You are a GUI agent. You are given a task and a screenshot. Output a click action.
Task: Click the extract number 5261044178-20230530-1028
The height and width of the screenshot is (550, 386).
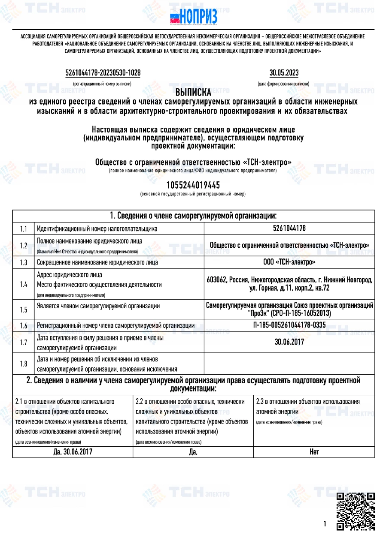coord(103,73)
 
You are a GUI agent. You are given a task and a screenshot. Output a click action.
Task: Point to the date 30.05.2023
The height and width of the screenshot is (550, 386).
coord(284,73)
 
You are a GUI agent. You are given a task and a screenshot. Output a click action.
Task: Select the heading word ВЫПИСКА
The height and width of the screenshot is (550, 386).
coord(193,92)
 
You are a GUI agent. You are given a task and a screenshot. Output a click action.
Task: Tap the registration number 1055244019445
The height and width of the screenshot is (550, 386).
coord(193,185)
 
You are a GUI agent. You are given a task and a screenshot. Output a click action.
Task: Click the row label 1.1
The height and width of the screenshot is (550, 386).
coord(24,229)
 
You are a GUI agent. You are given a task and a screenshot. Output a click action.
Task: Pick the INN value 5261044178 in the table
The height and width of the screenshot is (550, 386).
coord(289,228)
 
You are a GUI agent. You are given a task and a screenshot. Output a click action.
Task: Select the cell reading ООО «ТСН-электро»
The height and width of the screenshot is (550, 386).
coord(289,262)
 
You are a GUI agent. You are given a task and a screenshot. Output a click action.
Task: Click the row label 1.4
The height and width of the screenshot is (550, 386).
coord(24,284)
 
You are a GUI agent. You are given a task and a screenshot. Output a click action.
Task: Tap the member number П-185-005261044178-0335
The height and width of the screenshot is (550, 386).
coord(289,325)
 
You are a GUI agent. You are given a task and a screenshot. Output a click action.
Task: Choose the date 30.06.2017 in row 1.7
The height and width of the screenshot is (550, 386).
coord(289,342)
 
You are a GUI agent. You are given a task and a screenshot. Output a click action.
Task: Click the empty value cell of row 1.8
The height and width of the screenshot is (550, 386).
coord(289,364)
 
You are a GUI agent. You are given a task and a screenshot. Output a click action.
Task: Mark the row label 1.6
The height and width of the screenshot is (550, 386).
coord(24,326)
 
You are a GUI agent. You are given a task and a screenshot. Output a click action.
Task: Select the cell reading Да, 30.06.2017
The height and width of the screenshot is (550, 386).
coord(73,452)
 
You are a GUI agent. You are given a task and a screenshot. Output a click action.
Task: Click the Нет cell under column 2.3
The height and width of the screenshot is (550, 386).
coord(314,452)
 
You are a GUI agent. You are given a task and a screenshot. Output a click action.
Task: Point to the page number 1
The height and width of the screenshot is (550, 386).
coord(325,523)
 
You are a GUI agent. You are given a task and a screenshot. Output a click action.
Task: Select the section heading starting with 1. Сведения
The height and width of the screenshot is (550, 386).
coord(193,215)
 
